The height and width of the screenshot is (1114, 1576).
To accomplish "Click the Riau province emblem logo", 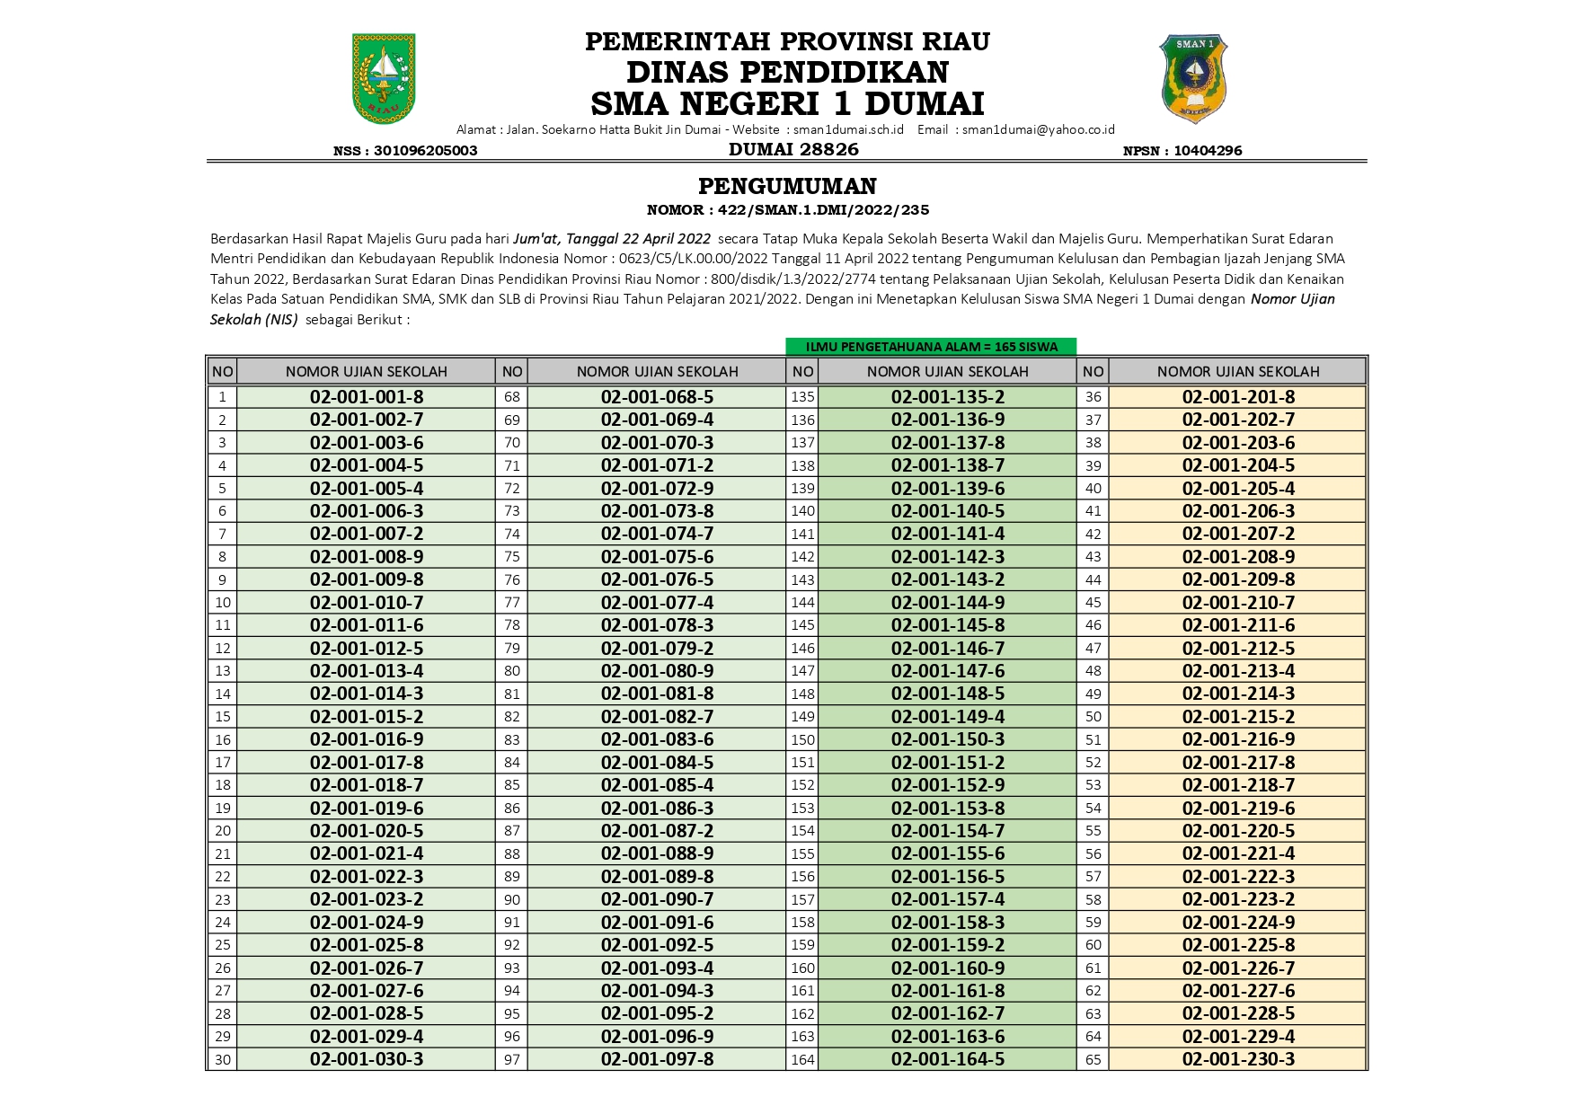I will [384, 79].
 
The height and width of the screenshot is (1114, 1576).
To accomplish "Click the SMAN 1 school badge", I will [1194, 79].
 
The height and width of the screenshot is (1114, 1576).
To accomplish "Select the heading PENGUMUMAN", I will [787, 186].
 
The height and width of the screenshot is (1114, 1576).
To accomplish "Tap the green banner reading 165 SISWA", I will [931, 347].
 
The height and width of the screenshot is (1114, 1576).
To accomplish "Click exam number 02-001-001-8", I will [367, 397].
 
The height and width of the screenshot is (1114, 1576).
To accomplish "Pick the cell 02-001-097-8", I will [657, 1059].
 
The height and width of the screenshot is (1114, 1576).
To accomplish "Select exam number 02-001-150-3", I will [948, 739].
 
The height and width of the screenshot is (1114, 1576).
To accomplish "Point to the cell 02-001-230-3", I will [1238, 1059].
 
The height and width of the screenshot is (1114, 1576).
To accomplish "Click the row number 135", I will [802, 397].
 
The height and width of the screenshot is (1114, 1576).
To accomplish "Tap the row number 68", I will [512, 397].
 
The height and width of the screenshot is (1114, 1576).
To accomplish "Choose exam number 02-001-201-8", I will [1238, 397].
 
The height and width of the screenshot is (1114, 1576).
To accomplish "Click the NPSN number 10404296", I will [1208, 151].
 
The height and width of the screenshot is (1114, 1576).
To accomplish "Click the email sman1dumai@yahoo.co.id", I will [1038, 129].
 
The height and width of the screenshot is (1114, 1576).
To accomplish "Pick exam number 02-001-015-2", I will [367, 717].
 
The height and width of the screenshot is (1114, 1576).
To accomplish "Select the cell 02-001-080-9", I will [657, 671].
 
